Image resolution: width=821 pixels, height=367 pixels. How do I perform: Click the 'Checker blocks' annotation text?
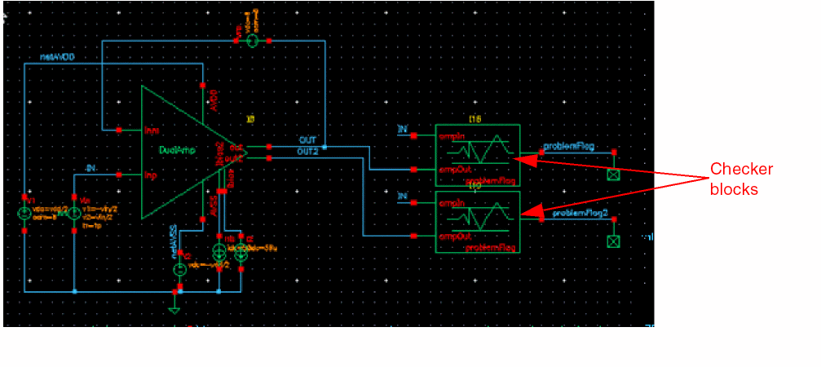click(x=741, y=179)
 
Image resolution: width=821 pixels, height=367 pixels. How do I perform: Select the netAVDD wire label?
click(x=58, y=57)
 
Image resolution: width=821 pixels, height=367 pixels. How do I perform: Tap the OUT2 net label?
click(x=307, y=152)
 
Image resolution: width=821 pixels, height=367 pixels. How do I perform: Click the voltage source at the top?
click(x=252, y=40)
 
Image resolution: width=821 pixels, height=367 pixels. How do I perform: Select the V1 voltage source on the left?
click(x=25, y=214)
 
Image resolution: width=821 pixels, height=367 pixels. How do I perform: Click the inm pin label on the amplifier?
click(x=150, y=130)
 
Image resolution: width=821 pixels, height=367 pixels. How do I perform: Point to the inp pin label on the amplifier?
click(x=150, y=175)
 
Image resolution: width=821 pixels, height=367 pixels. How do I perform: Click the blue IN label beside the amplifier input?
click(x=90, y=168)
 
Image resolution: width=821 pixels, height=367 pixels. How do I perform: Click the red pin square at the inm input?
click(x=119, y=130)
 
